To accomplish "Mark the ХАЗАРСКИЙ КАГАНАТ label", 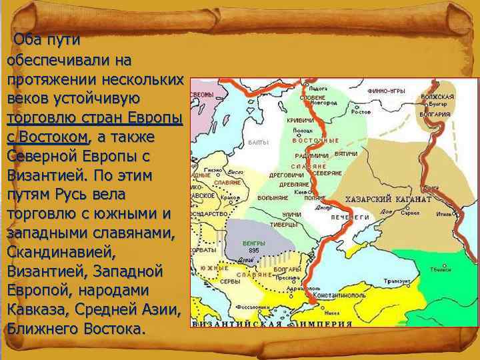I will point(387,199).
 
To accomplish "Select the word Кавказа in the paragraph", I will point(34,311).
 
